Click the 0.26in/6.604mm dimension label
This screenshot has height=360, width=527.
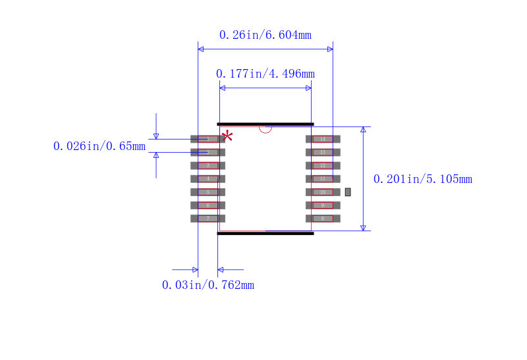[x=265, y=35]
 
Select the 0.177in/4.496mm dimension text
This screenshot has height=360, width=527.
[x=265, y=74]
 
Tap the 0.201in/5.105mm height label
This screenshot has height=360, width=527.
[x=422, y=179]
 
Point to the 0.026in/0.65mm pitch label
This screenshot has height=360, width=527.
[x=99, y=146]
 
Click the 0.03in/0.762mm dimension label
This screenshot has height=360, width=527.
[x=208, y=285]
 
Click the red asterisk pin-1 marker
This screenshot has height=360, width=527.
[x=227, y=136]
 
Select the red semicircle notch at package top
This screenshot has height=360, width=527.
[x=265, y=129]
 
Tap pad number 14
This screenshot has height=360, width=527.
[x=323, y=139]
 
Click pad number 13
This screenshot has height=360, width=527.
[x=323, y=152]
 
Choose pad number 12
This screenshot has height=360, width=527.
[x=323, y=165]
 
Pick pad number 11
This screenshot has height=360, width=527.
[x=323, y=178]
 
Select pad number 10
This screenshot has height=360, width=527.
[x=323, y=192]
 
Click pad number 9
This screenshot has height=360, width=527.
[x=323, y=205]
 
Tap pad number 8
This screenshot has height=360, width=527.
[x=323, y=219]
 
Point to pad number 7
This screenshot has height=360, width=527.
[x=208, y=219]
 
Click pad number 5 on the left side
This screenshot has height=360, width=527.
[x=208, y=192]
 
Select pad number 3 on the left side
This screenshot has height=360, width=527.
[x=208, y=165]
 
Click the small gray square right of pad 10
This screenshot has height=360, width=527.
[x=348, y=192]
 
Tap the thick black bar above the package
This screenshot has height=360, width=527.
[x=265, y=124]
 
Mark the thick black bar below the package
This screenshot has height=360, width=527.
[x=265, y=233]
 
